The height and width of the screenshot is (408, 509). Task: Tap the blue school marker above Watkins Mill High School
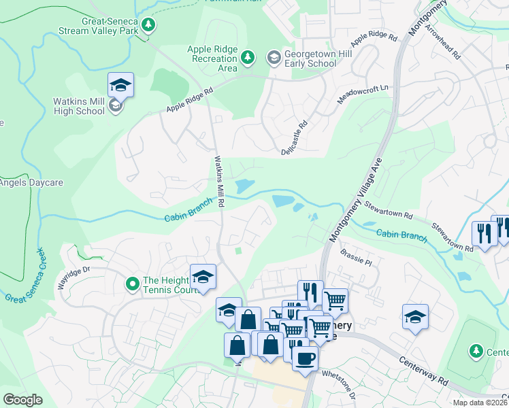pos(120,85)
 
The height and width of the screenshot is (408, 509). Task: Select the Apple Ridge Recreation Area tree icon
pos(248,56)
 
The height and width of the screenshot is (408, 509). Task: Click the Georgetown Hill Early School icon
pos(274,56)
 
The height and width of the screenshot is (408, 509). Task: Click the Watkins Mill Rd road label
pos(219,181)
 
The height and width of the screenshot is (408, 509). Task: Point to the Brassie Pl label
pos(359,261)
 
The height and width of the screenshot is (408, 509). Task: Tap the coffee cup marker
pos(305,358)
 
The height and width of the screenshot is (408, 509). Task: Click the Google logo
pos(23,399)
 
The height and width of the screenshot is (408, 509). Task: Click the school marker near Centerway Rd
pos(415,317)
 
